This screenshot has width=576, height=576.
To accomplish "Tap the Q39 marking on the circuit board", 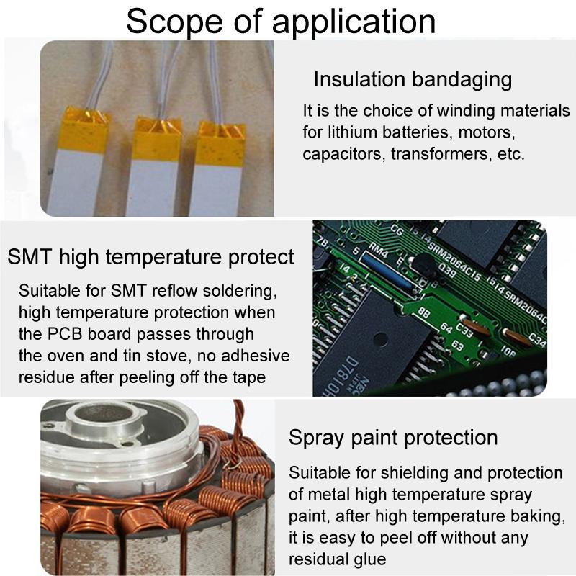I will [446, 272].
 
